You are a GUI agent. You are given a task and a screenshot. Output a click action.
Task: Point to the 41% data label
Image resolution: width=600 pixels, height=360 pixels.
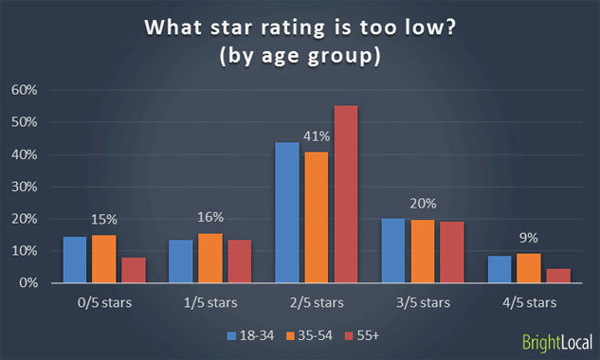coord(315,136)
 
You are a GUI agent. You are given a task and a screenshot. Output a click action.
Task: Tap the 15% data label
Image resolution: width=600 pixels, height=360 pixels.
coord(104,220)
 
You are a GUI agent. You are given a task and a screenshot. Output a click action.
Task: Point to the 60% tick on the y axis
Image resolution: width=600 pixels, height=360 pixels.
coord(24,91)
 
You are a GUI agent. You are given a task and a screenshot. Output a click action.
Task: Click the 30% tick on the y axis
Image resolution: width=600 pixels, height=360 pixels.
coord(24,187)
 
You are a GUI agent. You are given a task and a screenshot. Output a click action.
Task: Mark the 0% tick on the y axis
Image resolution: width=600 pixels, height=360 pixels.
coord(27,283)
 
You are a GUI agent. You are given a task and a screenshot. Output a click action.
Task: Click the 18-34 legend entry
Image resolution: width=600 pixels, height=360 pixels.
coord(249,336)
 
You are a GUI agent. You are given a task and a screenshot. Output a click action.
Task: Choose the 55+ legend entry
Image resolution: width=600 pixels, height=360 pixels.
coord(367,336)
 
